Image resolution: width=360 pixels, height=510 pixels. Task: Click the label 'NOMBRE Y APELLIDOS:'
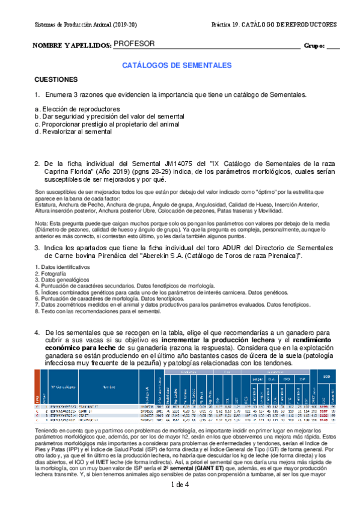click(x=72, y=46)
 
